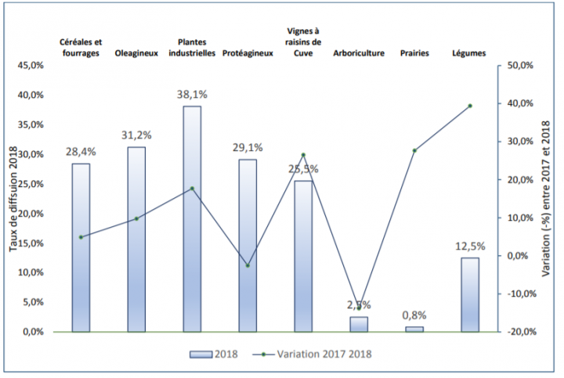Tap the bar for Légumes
(469, 294)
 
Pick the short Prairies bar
(414, 329)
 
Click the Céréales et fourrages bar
(81, 247)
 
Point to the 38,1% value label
(192, 94)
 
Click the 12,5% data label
(469, 246)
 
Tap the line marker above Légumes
(469, 106)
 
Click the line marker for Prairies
(414, 150)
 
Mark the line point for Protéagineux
(248, 266)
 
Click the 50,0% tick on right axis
(521, 66)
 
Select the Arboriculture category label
(358, 53)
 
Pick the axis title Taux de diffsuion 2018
(13, 200)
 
